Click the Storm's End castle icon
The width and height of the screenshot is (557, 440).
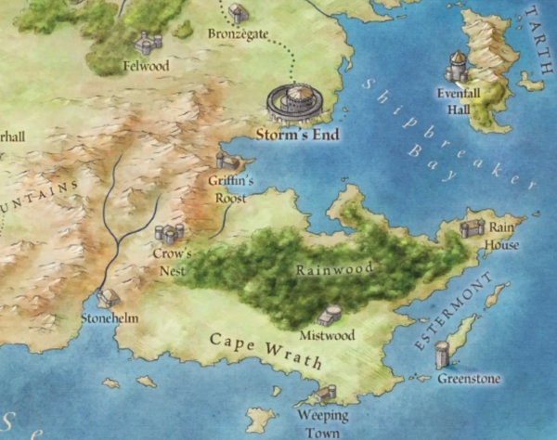(x=296, y=100)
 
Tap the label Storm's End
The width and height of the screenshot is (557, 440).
(x=297, y=136)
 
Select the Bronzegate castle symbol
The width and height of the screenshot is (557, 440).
(x=239, y=13)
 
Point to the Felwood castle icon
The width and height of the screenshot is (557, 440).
(x=148, y=42)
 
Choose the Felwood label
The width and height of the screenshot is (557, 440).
(x=146, y=66)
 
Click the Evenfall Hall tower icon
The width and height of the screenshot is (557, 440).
(x=457, y=67)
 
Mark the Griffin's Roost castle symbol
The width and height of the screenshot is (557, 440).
(x=226, y=161)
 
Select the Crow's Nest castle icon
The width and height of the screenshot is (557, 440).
(x=169, y=233)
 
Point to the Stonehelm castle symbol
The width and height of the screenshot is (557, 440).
(x=110, y=298)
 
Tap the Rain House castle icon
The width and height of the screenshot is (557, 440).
(x=473, y=227)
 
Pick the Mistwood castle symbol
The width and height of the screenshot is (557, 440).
(x=330, y=316)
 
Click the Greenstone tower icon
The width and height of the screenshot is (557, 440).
(x=442, y=354)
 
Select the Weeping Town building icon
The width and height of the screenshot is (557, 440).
(x=326, y=394)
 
